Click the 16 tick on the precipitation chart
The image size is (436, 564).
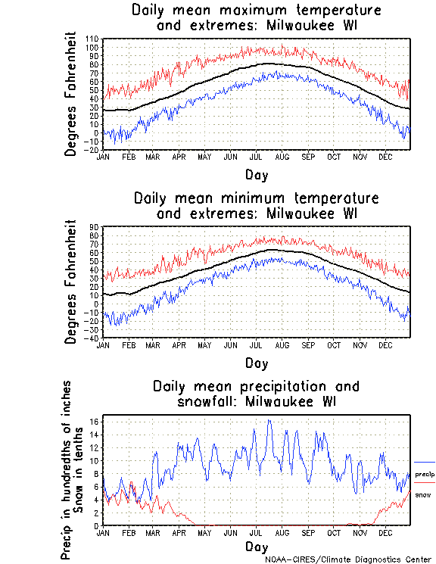point(95,422)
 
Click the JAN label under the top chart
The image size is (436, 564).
point(103,157)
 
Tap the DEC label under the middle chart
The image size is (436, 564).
point(385,344)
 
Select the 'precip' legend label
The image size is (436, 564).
point(425,474)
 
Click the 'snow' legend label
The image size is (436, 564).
point(423,494)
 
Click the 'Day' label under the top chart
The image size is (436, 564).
point(256,175)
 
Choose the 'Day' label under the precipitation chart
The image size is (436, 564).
point(256,547)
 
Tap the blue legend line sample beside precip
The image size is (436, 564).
point(425,462)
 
